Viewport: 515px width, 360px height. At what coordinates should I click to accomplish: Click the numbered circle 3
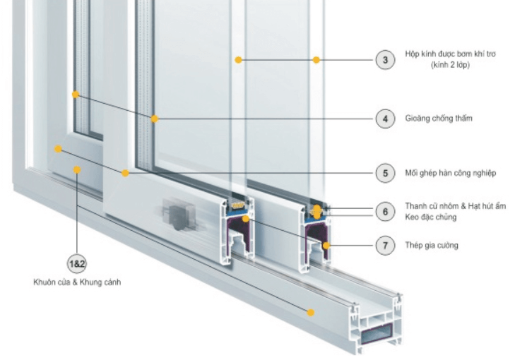pyautogui.click(x=385, y=60)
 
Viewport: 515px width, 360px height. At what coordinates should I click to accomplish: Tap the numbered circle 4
pyautogui.click(x=385, y=119)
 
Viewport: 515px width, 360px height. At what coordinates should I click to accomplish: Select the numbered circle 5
pyautogui.click(x=385, y=172)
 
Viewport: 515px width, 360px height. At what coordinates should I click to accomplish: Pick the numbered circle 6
pyautogui.click(x=385, y=211)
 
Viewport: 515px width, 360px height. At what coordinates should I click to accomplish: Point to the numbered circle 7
pyautogui.click(x=385, y=246)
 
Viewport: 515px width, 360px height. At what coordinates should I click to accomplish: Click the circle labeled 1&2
pyautogui.click(x=76, y=264)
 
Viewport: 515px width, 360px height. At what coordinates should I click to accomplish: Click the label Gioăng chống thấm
pyautogui.click(x=439, y=119)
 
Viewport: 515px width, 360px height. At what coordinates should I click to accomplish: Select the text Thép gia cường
pyautogui.click(x=432, y=246)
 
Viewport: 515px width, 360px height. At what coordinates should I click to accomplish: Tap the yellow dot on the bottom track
pyautogui.click(x=309, y=311)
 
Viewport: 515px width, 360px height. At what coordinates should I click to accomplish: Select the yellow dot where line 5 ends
pyautogui.click(x=125, y=172)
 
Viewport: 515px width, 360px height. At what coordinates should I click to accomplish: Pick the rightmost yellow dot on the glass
pyautogui.click(x=316, y=60)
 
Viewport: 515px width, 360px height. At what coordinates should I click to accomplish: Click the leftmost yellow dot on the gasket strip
pyautogui.click(x=75, y=94)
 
